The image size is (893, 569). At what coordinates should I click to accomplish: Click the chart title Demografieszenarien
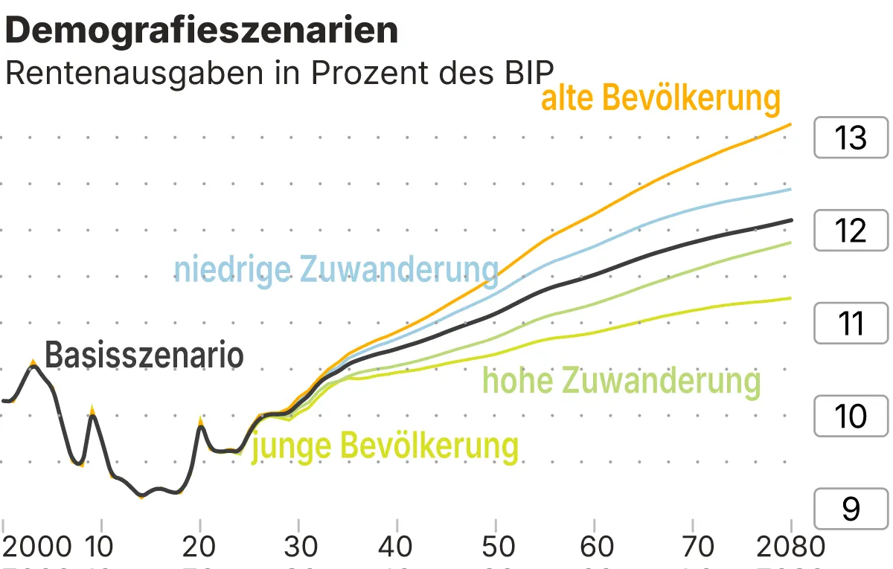[x=202, y=30]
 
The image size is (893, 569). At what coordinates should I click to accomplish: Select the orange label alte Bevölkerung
[x=661, y=98]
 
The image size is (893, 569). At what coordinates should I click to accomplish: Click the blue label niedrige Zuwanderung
[x=336, y=269]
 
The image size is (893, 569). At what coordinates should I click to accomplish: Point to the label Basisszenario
[x=144, y=356]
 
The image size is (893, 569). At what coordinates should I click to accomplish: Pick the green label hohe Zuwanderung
[x=622, y=381]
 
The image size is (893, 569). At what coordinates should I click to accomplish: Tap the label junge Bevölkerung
[x=385, y=446]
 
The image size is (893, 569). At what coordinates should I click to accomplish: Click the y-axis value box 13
[x=851, y=138]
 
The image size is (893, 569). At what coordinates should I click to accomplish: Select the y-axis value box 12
[x=851, y=231]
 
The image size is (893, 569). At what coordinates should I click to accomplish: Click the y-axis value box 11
[x=851, y=324]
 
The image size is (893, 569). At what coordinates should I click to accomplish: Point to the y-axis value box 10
[x=851, y=416]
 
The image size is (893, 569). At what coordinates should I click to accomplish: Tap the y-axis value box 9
[x=851, y=509]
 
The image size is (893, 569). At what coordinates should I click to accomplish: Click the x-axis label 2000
[x=37, y=547]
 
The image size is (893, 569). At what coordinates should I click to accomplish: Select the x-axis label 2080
[x=790, y=547]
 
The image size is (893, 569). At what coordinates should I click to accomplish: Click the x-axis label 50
[x=497, y=547]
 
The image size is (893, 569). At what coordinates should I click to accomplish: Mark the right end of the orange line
[x=790, y=124]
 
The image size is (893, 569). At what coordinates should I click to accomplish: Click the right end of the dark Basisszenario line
[x=790, y=219]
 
